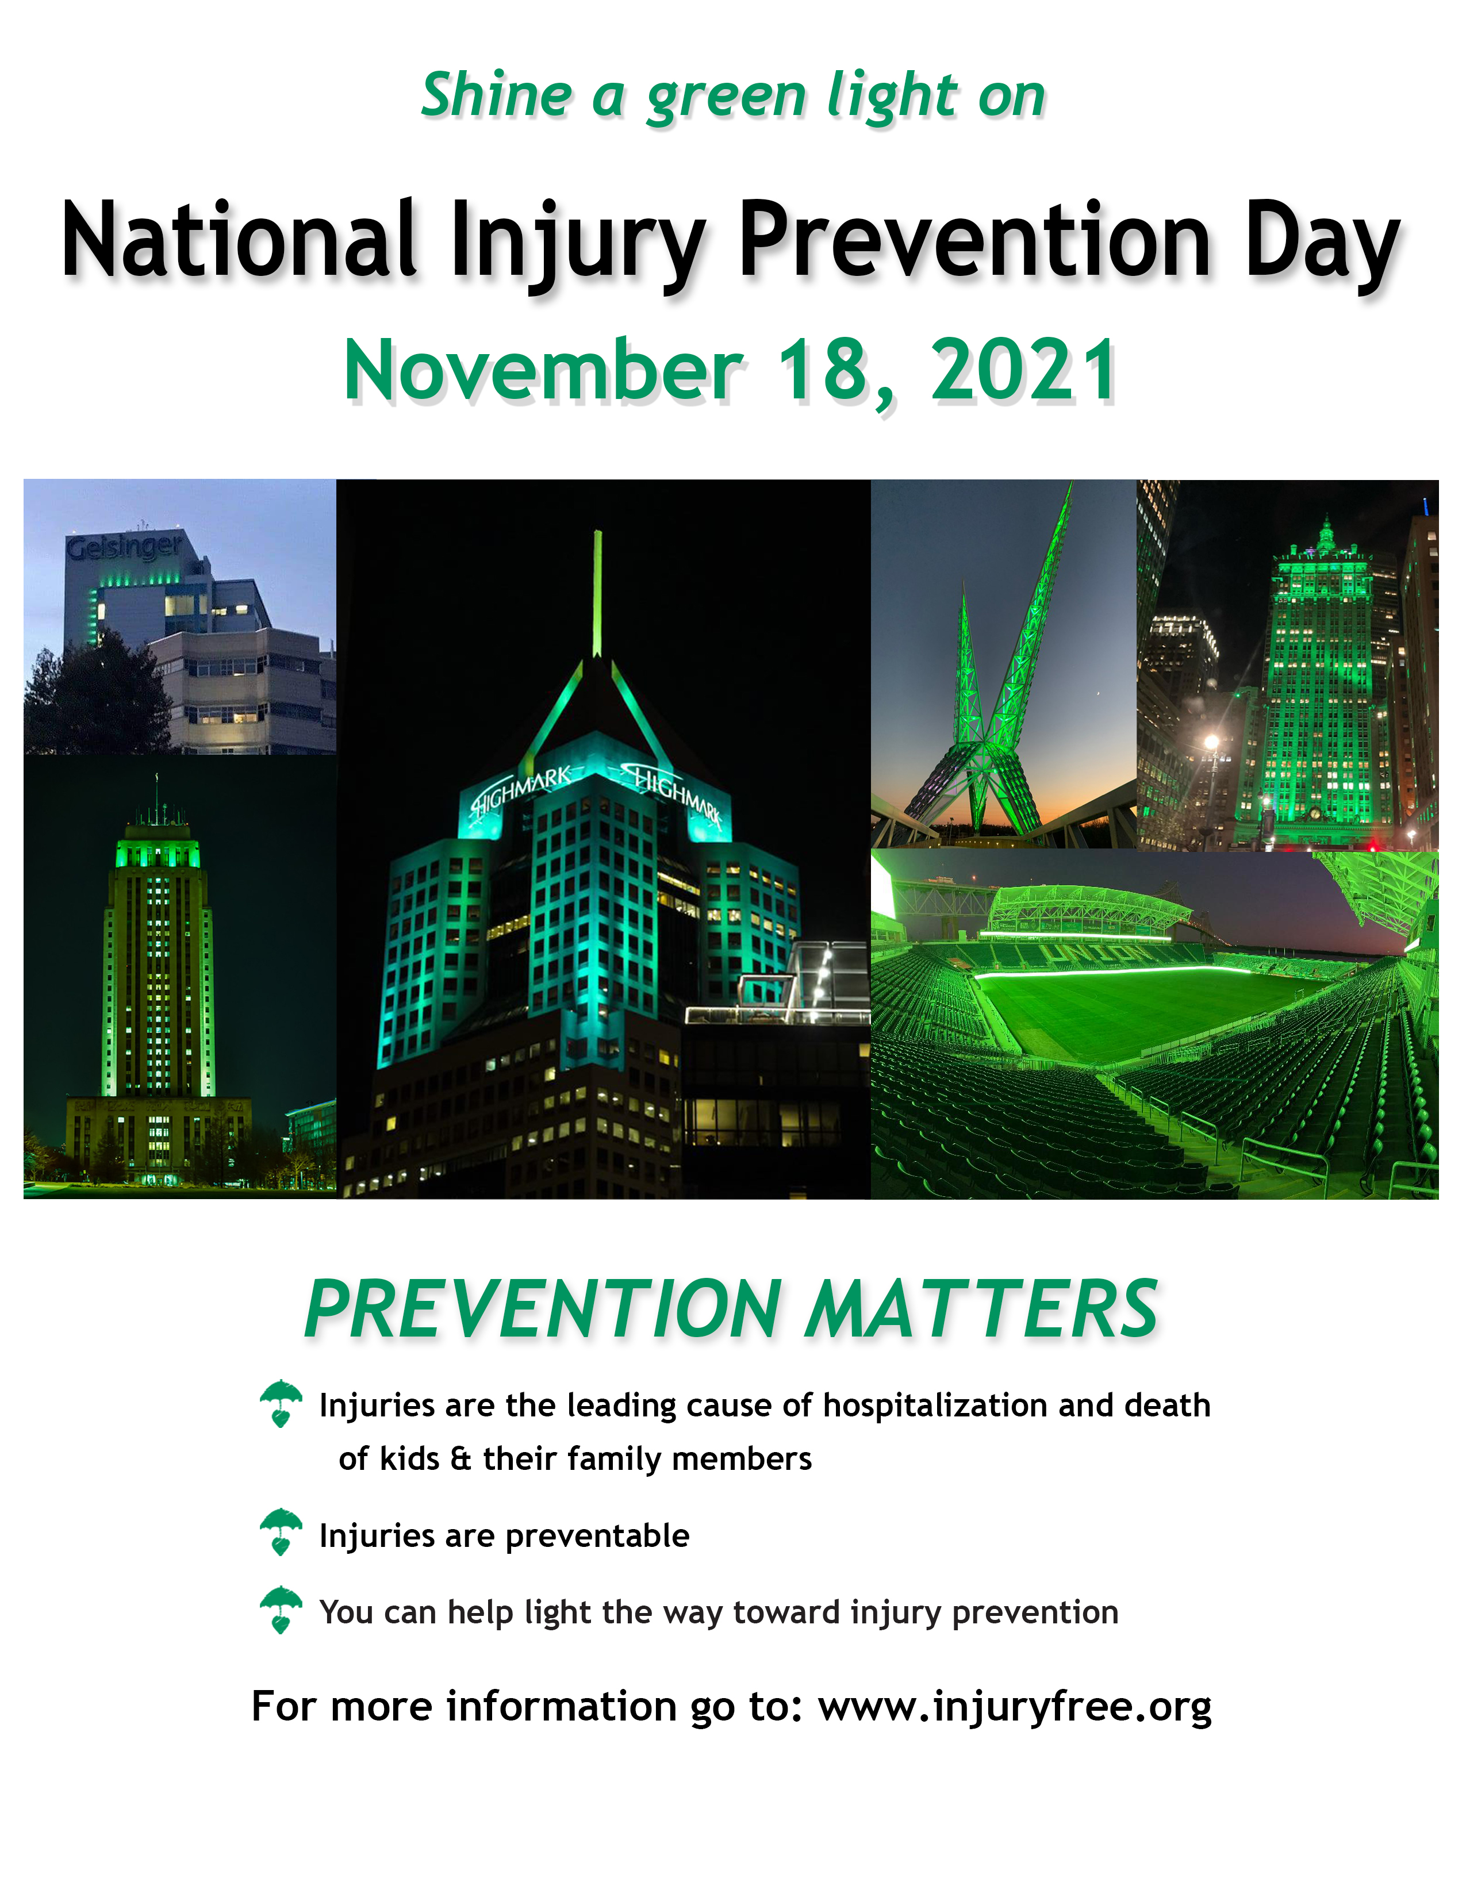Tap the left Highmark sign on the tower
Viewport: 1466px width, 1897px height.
(521, 790)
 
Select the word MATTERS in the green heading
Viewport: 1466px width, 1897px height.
(981, 1310)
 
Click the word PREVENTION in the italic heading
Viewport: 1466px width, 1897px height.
(544, 1310)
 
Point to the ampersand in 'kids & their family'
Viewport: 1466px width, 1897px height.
(461, 1458)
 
